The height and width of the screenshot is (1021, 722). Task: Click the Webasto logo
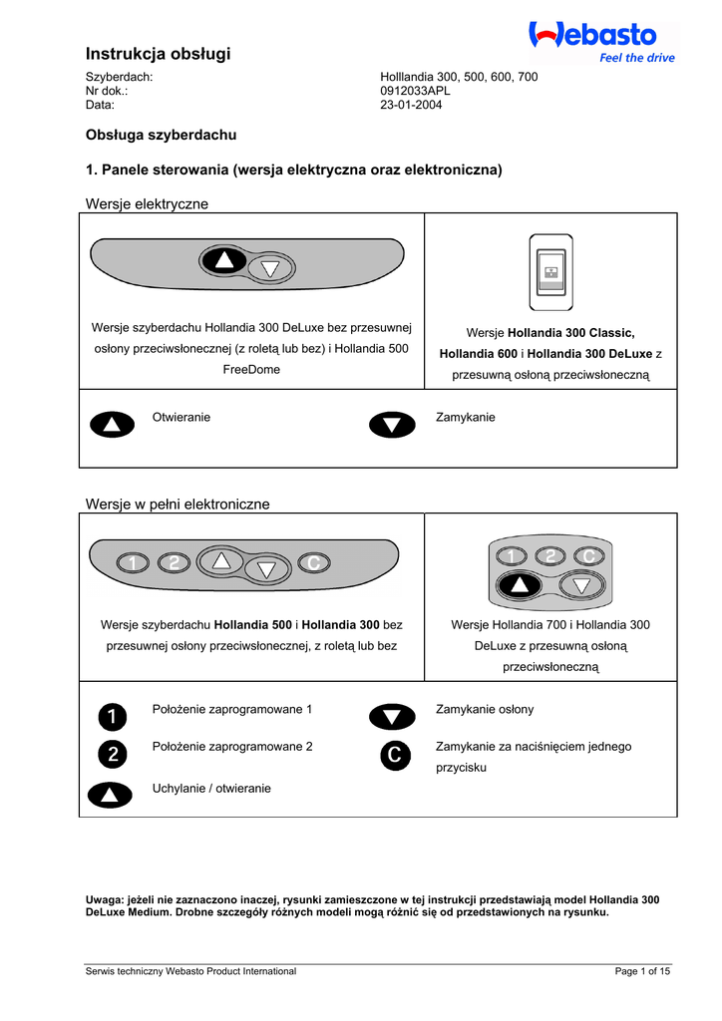(x=592, y=36)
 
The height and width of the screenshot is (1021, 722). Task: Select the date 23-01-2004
(x=411, y=105)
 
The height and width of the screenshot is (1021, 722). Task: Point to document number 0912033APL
(x=416, y=91)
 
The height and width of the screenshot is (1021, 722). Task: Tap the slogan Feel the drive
(x=636, y=58)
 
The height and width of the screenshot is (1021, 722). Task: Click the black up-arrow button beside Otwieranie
(x=112, y=425)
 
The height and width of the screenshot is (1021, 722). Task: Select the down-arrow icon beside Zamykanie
(x=392, y=425)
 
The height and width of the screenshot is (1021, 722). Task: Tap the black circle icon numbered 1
(x=112, y=716)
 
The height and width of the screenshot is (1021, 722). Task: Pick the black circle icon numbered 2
(x=112, y=755)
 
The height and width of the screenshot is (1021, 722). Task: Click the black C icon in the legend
(x=392, y=756)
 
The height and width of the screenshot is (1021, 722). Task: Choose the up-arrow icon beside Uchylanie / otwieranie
(x=112, y=795)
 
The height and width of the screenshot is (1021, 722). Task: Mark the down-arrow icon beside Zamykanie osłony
(x=392, y=717)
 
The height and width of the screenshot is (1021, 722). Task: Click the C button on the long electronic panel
(x=313, y=563)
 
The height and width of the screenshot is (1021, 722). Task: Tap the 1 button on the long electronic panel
(x=132, y=563)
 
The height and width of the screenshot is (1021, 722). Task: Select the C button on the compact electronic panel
(x=588, y=556)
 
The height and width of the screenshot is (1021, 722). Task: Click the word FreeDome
(x=251, y=369)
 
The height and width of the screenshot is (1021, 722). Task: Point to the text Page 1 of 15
(x=643, y=971)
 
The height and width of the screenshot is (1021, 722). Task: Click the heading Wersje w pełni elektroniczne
(x=179, y=505)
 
